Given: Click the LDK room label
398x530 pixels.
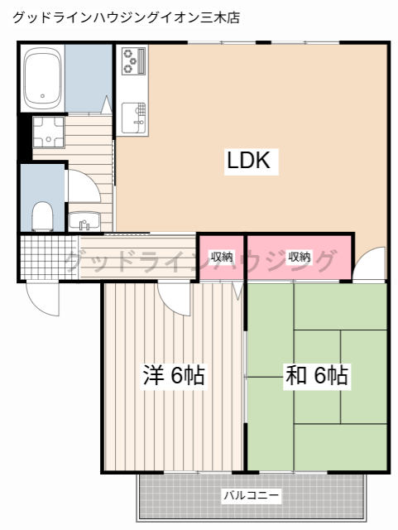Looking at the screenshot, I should point(248,161).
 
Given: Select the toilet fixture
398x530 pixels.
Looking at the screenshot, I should point(41,216).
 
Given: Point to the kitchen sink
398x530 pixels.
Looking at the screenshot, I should point(133,115).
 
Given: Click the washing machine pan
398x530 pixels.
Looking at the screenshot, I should point(48,131).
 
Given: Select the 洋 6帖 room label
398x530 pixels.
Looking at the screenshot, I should point(173,376).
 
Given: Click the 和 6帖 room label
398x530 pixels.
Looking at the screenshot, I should point(316,376).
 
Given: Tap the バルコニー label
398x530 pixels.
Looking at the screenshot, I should point(251,496).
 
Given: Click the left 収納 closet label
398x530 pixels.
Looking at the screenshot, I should point(221,257).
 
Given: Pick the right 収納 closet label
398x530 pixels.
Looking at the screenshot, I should point(300,257).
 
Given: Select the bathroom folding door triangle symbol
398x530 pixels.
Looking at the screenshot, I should point(107,105).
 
